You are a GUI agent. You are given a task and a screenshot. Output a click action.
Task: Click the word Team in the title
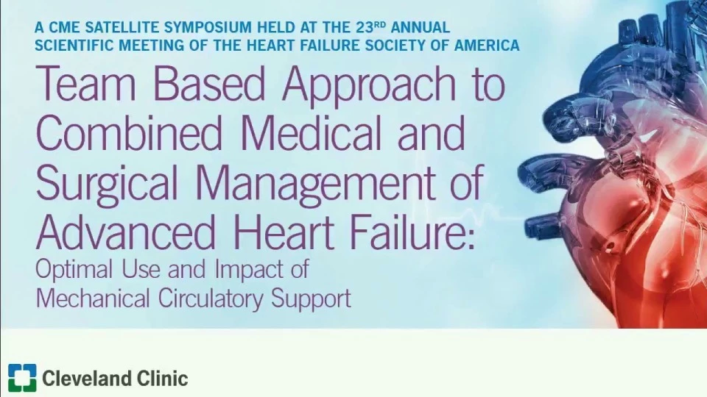pyautogui.click(x=85, y=84)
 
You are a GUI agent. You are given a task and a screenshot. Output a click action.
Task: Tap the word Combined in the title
pyautogui.click(x=128, y=133)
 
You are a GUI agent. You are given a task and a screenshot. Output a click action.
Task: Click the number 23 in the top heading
pyautogui.click(x=365, y=27)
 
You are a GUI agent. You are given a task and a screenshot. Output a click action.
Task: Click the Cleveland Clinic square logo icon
pyautogui.click(x=22, y=378)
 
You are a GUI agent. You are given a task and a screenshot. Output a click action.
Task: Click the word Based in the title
pyautogui.click(x=208, y=84)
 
